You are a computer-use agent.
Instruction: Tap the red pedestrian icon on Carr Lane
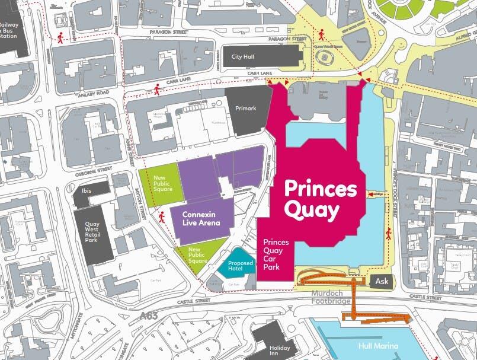[x=157, y=90]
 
